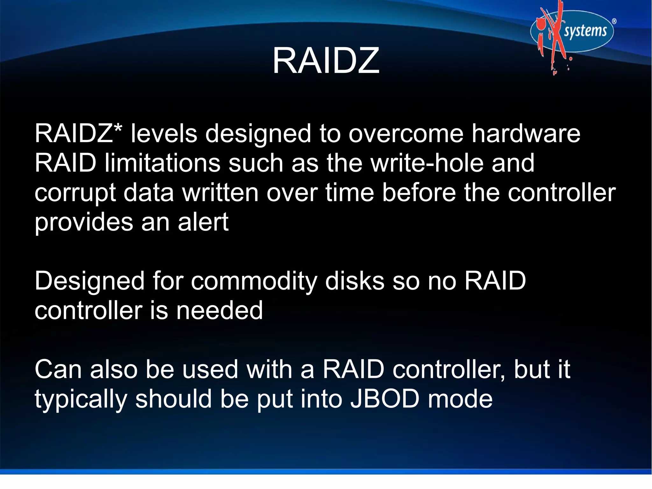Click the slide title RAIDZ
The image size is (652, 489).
[326, 61]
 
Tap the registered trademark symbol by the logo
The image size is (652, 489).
[614, 21]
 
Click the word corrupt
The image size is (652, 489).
[75, 193]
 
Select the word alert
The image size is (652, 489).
[203, 222]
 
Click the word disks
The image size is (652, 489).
[355, 281]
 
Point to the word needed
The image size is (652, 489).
[220, 311]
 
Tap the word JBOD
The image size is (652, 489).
[385, 399]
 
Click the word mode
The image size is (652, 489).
[460, 399]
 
